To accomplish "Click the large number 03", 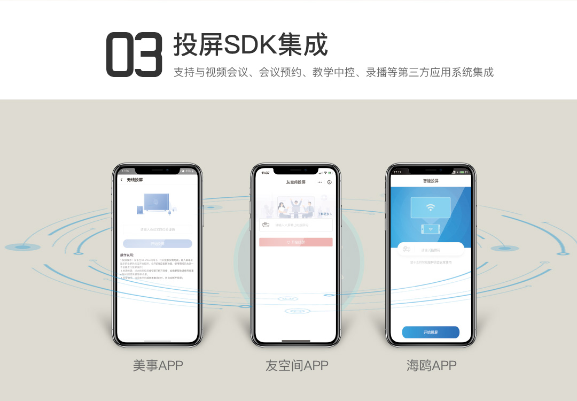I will [x=134, y=55].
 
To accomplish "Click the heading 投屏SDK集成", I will [x=250, y=45].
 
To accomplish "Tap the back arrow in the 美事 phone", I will [x=122, y=180].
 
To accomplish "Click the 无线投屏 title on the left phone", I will [x=135, y=180].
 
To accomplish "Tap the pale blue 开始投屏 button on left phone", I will [x=157, y=244].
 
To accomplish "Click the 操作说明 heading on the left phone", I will [x=127, y=255].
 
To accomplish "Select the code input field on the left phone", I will [x=157, y=229].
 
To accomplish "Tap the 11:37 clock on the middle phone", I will [x=266, y=173].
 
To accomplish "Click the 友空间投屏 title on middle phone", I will [x=295, y=182].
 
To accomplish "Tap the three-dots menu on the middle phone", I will [x=319, y=182].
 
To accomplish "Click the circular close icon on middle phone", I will [x=329, y=182].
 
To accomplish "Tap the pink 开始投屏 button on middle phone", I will [x=295, y=242].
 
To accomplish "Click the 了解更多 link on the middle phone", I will [x=325, y=214].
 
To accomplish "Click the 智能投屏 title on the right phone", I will [x=431, y=181].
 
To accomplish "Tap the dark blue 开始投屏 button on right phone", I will [x=431, y=332].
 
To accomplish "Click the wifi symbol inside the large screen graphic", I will [x=431, y=207].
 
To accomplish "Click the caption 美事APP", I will [x=158, y=366].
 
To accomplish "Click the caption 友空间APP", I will [x=297, y=366].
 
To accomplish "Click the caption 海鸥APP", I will [x=431, y=366].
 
